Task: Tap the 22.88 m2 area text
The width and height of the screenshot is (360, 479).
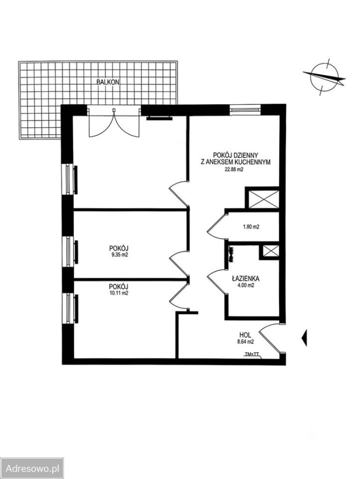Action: [234, 170]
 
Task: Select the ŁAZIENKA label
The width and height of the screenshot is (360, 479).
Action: [245, 278]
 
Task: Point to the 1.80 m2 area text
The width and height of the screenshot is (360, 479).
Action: [251, 227]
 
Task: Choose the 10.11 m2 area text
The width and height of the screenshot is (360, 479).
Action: [119, 293]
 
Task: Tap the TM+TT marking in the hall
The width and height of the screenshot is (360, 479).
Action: [252, 354]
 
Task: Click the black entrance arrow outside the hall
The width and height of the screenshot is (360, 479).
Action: [304, 338]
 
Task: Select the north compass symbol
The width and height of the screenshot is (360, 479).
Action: [324, 76]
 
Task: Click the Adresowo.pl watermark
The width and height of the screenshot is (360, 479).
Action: [33, 469]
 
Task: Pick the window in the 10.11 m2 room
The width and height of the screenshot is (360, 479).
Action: [70, 308]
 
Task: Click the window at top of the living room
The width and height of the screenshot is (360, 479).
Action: [245, 109]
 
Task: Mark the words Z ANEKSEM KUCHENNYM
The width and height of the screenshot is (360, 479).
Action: [235, 162]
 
